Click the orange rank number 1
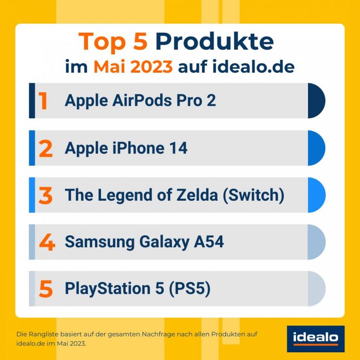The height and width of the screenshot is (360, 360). [x=43, y=101]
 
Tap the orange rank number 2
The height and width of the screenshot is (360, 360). [x=46, y=148]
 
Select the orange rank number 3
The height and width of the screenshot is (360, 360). [x=46, y=195]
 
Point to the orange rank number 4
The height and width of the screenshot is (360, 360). [x=47, y=242]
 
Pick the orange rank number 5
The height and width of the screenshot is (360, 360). [x=46, y=289]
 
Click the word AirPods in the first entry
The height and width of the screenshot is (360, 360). [x=136, y=101]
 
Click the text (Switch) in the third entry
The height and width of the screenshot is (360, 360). [x=253, y=195]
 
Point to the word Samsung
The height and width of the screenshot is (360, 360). [x=100, y=242]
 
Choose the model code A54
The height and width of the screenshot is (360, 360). [x=208, y=242]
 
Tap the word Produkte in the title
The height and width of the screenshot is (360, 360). [x=214, y=42]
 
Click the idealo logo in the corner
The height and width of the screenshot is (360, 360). [x=315, y=339]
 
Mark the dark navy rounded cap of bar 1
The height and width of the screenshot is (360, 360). [x=316, y=101]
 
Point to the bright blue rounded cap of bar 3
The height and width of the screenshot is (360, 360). [x=316, y=195]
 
